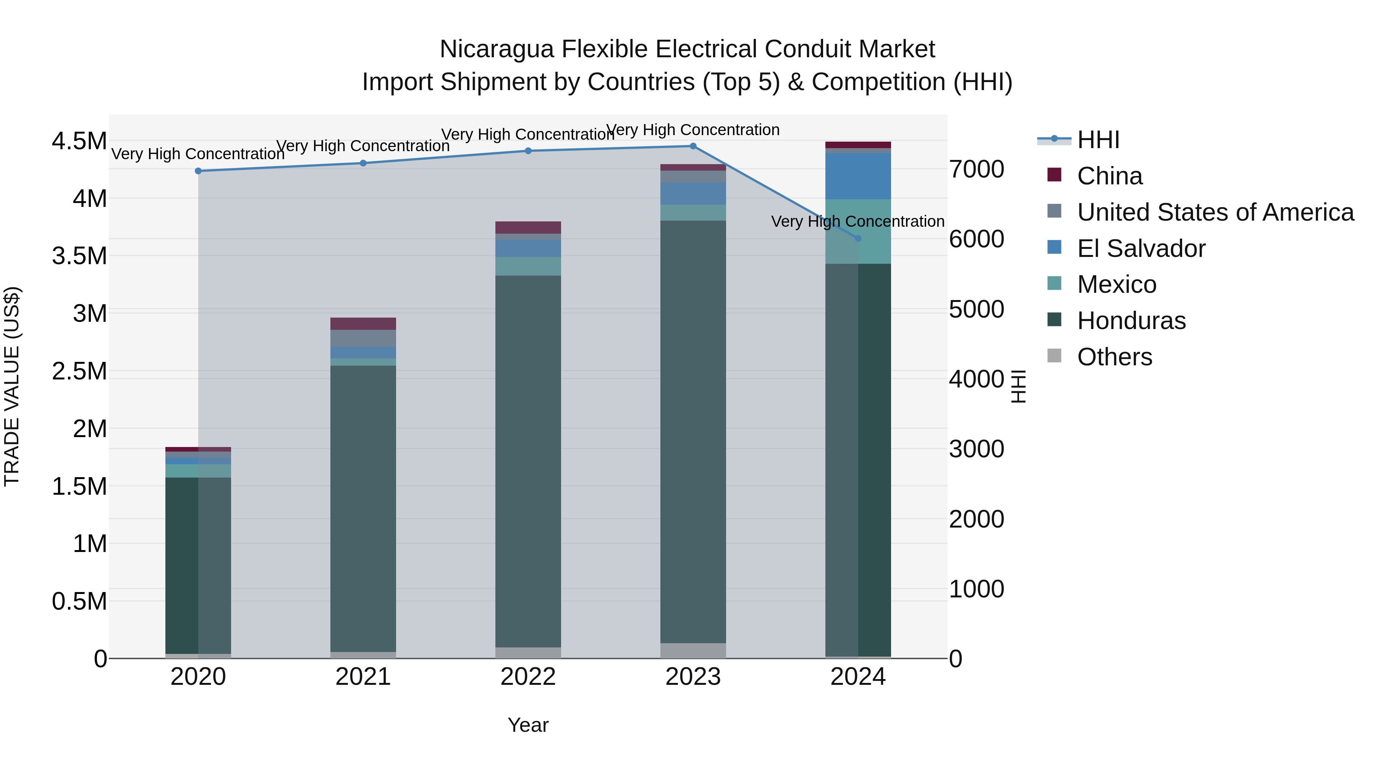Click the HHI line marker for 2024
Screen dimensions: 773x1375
(x=858, y=239)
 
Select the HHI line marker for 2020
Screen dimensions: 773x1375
(x=198, y=171)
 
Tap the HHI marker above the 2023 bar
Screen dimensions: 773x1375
(x=693, y=146)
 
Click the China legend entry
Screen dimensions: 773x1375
(x=1109, y=176)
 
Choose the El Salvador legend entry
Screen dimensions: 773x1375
(x=1140, y=249)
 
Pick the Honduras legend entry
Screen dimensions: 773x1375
(x=1131, y=321)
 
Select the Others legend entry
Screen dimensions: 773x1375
(x=1114, y=357)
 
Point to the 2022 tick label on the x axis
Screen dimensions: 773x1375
(x=528, y=677)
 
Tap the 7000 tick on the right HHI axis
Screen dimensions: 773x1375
(x=976, y=169)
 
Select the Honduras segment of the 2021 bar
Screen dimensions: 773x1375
(x=363, y=507)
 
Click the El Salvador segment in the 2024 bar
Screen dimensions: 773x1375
(x=858, y=176)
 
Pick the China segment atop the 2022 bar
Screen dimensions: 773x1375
(x=528, y=227)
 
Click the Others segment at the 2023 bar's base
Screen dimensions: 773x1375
(x=693, y=650)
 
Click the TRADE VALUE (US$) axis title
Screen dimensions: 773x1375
(x=12, y=386)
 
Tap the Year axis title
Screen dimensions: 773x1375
(x=528, y=725)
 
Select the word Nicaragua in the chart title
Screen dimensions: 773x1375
(x=497, y=49)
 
